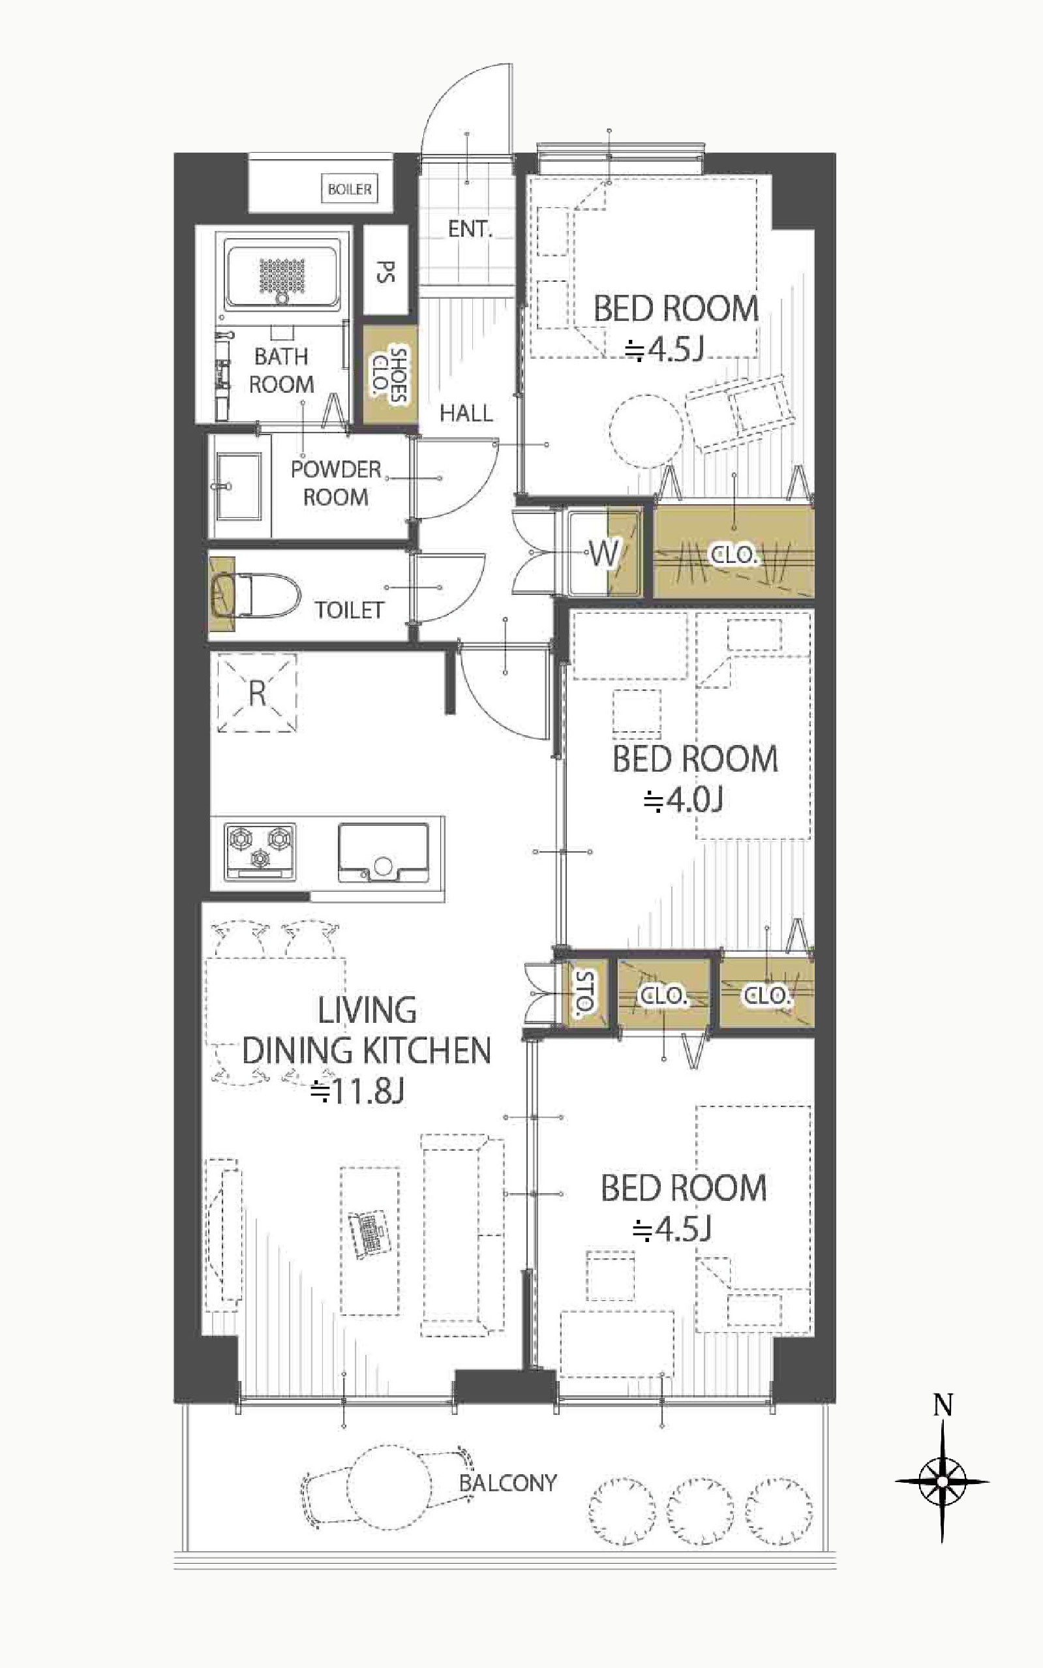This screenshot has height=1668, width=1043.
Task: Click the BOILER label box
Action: tap(350, 189)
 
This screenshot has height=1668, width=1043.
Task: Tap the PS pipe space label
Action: tap(385, 271)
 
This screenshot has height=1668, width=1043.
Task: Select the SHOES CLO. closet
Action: tap(391, 374)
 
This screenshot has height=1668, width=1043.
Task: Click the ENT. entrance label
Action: tap(470, 229)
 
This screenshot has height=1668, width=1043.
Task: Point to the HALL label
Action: tap(466, 413)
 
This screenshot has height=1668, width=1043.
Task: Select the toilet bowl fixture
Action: tap(256, 595)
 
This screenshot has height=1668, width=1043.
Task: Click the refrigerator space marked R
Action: tap(257, 693)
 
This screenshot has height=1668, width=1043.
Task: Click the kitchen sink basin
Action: tap(384, 853)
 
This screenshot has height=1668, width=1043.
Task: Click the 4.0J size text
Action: tap(683, 800)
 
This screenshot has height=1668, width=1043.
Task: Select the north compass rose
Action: tap(942, 1480)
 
